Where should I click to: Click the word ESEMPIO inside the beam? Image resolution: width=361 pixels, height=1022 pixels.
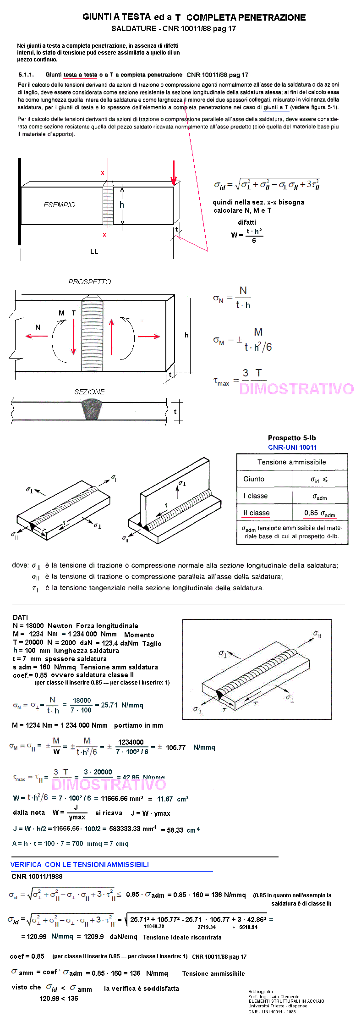(60, 205)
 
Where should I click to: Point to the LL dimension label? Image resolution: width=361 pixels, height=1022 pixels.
(94, 252)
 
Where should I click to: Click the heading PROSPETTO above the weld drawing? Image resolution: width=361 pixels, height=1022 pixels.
(90, 282)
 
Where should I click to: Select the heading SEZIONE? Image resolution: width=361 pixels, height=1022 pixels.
(90, 392)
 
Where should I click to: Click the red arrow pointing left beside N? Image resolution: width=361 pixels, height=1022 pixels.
(37, 336)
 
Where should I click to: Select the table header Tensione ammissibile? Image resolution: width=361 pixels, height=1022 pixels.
(292, 462)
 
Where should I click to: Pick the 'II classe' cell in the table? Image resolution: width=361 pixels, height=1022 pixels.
(257, 513)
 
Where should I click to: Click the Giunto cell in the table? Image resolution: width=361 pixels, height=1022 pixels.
(254, 479)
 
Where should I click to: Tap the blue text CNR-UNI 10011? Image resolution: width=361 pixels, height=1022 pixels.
(292, 447)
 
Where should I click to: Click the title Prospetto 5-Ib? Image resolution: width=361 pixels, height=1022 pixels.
(292, 438)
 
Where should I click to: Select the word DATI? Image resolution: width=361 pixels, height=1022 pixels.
(21, 617)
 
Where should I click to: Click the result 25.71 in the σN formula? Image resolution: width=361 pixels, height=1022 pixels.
(109, 705)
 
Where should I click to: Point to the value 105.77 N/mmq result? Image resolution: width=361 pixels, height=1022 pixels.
(176, 748)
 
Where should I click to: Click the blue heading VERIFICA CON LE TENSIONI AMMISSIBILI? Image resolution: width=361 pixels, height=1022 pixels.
(80, 864)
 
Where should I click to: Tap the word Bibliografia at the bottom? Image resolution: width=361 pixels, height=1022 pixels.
(261, 991)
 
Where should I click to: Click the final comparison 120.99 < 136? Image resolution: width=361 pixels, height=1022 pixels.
(59, 998)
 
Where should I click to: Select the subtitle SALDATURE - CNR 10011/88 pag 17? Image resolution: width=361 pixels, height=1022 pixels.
(174, 28)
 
